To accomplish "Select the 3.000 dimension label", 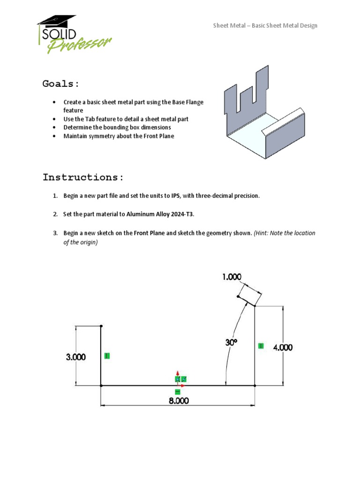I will (x=75, y=357).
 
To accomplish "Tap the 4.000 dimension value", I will (x=283, y=347).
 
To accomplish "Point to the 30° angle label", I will (x=231, y=343).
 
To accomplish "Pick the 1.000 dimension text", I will (x=232, y=277).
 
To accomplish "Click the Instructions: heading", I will (x=83, y=177).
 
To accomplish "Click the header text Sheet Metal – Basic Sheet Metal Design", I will (x=265, y=25).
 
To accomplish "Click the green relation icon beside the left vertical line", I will (x=107, y=356).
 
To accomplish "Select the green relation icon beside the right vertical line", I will (x=261, y=346).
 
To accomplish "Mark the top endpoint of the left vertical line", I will (x=101, y=325).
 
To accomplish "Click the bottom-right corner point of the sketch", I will (x=255, y=385).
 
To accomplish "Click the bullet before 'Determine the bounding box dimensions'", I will (x=55, y=127).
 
